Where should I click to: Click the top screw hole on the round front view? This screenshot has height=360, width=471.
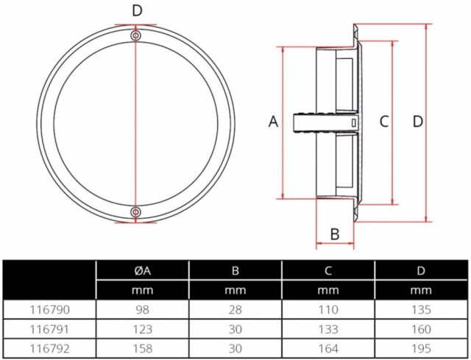pos(135,36)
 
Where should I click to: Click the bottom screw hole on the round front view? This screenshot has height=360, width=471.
pos(135,212)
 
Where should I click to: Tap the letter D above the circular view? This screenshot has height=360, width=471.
pos(137,11)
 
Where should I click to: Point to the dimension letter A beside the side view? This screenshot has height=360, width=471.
pos(273,122)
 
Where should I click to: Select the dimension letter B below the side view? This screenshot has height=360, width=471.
pos(335,234)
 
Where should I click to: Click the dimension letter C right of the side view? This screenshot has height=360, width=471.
pos(384,122)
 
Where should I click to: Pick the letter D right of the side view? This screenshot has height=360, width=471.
pos(418,122)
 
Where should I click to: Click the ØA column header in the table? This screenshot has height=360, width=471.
pos(142,271)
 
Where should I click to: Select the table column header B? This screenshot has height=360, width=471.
pos(235,271)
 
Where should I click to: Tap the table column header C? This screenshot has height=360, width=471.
pos(328,271)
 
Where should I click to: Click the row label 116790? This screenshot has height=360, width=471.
pos(49,310)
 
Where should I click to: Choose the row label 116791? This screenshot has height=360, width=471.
pos(49,329)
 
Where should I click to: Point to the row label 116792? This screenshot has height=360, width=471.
pos(49,348)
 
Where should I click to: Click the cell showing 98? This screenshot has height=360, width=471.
pos(142,310)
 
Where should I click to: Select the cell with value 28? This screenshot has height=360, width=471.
pos(235,310)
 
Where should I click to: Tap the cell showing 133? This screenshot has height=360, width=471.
pos(328,329)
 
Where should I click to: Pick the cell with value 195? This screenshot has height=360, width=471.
pos(421,348)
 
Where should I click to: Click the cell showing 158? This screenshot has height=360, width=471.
pos(142,348)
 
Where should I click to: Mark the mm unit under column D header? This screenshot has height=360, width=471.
pos(421,290)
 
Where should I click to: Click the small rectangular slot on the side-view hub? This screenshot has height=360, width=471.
pos(354,123)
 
